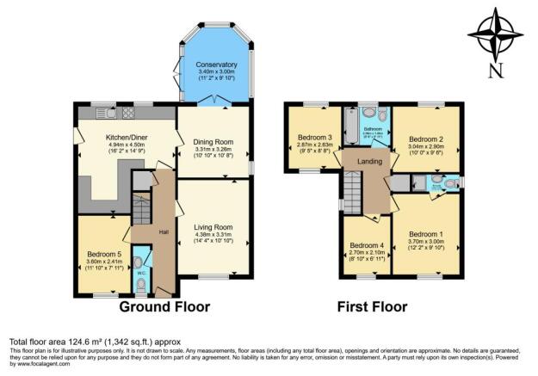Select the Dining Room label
coord(213,140)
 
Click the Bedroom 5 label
coord(105,254)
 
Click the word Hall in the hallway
coord(162,231)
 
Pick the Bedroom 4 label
coord(365,245)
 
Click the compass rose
coord(495,34)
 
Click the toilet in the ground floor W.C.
coord(142,258)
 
